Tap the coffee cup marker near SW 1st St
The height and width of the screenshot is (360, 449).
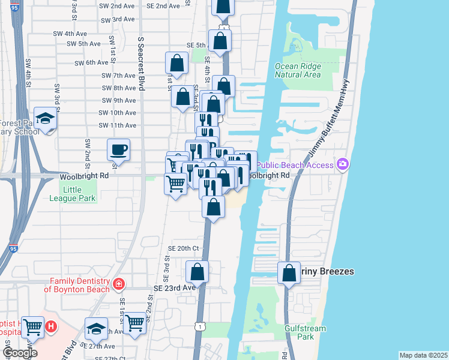click(x=118, y=149)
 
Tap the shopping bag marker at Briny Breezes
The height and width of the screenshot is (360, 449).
click(x=289, y=273)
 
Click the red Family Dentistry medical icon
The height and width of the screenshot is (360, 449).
click(x=119, y=283)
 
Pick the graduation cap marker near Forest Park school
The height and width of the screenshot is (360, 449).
click(x=45, y=118)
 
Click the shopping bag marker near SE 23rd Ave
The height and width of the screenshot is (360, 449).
click(x=197, y=272)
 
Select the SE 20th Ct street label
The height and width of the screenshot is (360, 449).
click(x=183, y=248)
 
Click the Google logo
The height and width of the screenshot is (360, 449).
click(x=20, y=353)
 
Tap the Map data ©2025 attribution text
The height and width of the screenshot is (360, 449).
click(x=423, y=355)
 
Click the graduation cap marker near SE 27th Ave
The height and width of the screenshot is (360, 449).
click(x=95, y=328)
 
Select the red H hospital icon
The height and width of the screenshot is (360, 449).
click(x=52, y=327)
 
